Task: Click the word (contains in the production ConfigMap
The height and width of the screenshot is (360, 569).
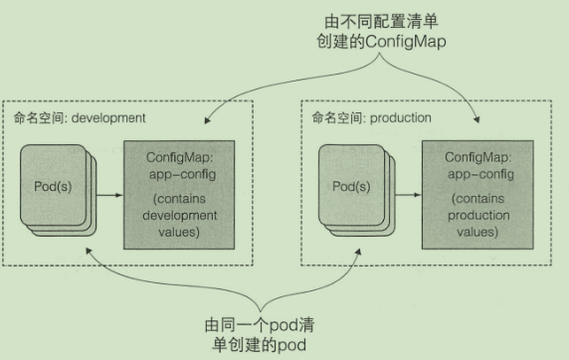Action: pos(471,201)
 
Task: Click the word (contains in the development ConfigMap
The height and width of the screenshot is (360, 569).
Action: pos(179,201)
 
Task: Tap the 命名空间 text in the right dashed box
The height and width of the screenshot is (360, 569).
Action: pos(331,117)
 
